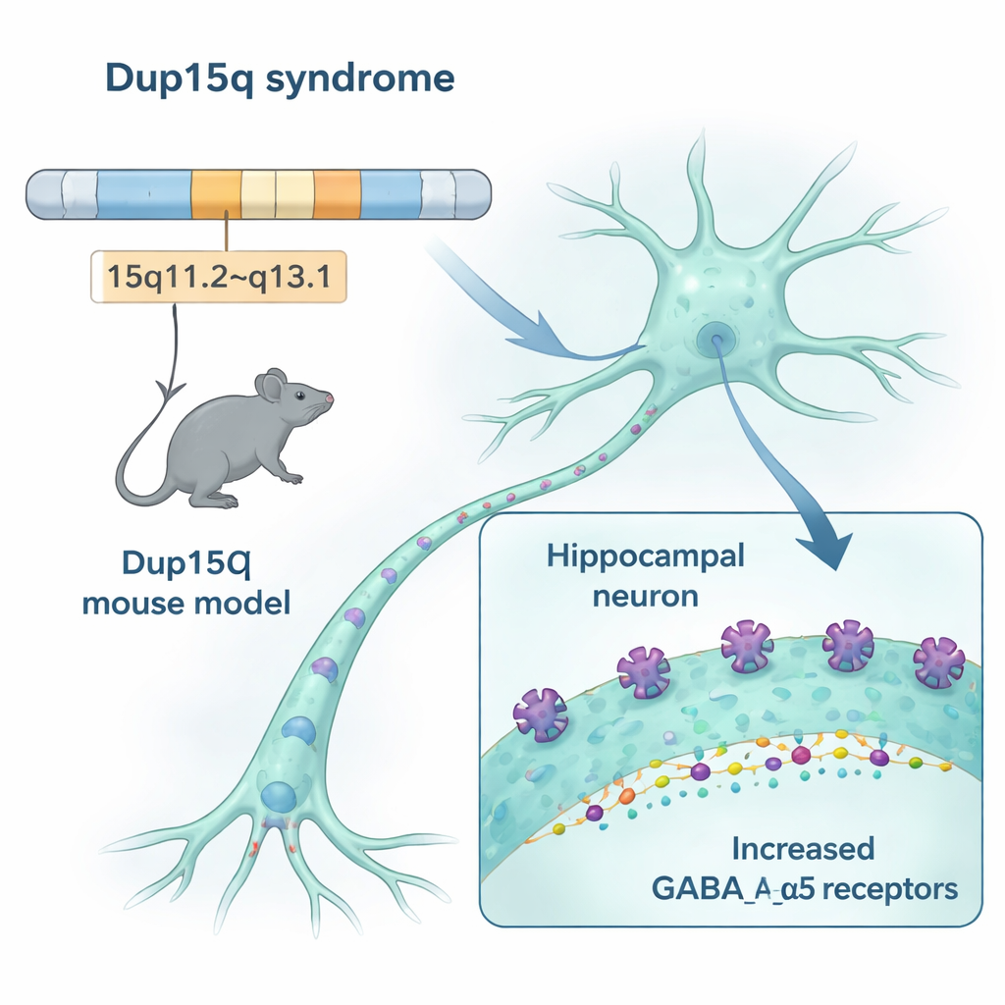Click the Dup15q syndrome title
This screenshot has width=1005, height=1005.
click(x=279, y=79)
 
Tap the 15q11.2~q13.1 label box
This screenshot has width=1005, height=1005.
click(x=218, y=275)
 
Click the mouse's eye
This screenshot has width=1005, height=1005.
click(x=296, y=394)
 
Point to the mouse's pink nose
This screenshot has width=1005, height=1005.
click(x=330, y=398)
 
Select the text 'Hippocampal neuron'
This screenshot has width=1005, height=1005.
click(x=646, y=573)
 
